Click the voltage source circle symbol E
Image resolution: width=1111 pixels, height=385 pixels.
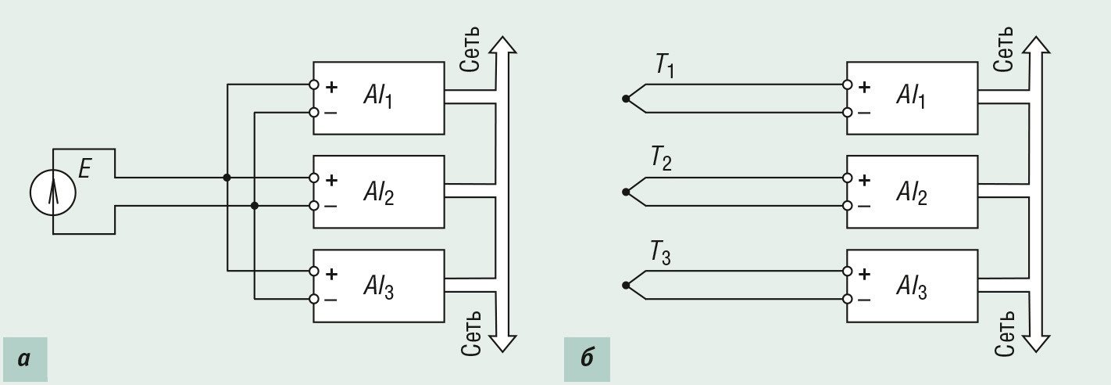53,192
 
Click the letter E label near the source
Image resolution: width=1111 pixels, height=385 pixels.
85,169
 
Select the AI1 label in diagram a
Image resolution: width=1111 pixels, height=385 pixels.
378,95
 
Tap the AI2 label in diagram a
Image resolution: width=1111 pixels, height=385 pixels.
378,192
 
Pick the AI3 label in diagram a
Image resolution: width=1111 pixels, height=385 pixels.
378,286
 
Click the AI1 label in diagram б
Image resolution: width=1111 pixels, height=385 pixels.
911,95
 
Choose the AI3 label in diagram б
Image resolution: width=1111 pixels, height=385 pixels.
911,286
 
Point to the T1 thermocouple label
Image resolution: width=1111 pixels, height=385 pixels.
665,66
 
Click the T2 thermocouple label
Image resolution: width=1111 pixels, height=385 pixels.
661,159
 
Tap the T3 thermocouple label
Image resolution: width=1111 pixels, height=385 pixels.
661,252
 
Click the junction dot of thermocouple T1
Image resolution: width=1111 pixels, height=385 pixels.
626,99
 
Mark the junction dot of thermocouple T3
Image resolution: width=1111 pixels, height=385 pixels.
626,285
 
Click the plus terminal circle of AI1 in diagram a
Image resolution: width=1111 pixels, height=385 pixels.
313,85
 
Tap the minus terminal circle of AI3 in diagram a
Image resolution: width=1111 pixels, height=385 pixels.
313,299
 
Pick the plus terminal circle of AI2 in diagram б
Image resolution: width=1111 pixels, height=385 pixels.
847,178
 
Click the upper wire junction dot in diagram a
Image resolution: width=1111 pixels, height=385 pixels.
227,178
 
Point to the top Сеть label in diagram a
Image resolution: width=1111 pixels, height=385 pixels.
470,49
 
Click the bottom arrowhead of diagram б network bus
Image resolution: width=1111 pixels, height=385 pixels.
1037,344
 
